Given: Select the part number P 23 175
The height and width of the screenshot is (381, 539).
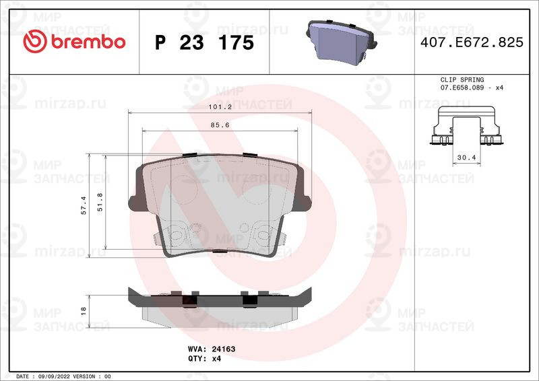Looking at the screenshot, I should [204, 43].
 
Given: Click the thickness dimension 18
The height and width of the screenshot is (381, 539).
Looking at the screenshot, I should [84, 310].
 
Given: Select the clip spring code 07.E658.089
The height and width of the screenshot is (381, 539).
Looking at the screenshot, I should [464, 88].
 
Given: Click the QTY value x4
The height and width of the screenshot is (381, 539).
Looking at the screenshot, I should [217, 359].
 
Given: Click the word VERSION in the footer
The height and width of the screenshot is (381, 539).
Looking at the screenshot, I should [84, 376].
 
